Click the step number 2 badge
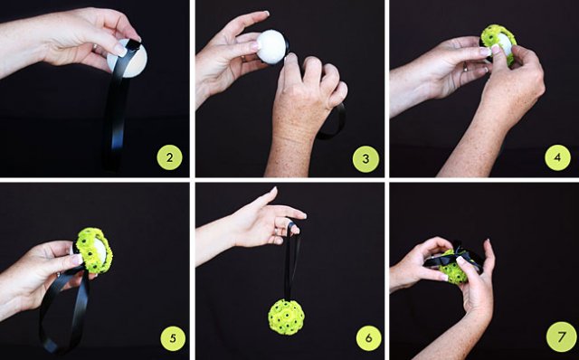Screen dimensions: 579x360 coord(169,157)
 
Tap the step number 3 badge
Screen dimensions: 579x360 coord(365,159)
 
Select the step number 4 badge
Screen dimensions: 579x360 coord(557,157)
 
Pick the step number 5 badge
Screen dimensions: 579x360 coord(173,338)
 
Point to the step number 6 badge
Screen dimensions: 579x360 coord(368,338)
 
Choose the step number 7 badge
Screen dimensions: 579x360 coord(561,336)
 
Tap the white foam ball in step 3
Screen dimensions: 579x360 coord(271,47)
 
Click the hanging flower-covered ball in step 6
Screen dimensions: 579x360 coord(286,317)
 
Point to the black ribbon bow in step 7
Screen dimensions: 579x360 coord(454,257)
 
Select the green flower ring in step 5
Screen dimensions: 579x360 coord(94,251)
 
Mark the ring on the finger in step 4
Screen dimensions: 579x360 coord(466,67)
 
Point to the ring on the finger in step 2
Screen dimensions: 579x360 coord(95,48)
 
